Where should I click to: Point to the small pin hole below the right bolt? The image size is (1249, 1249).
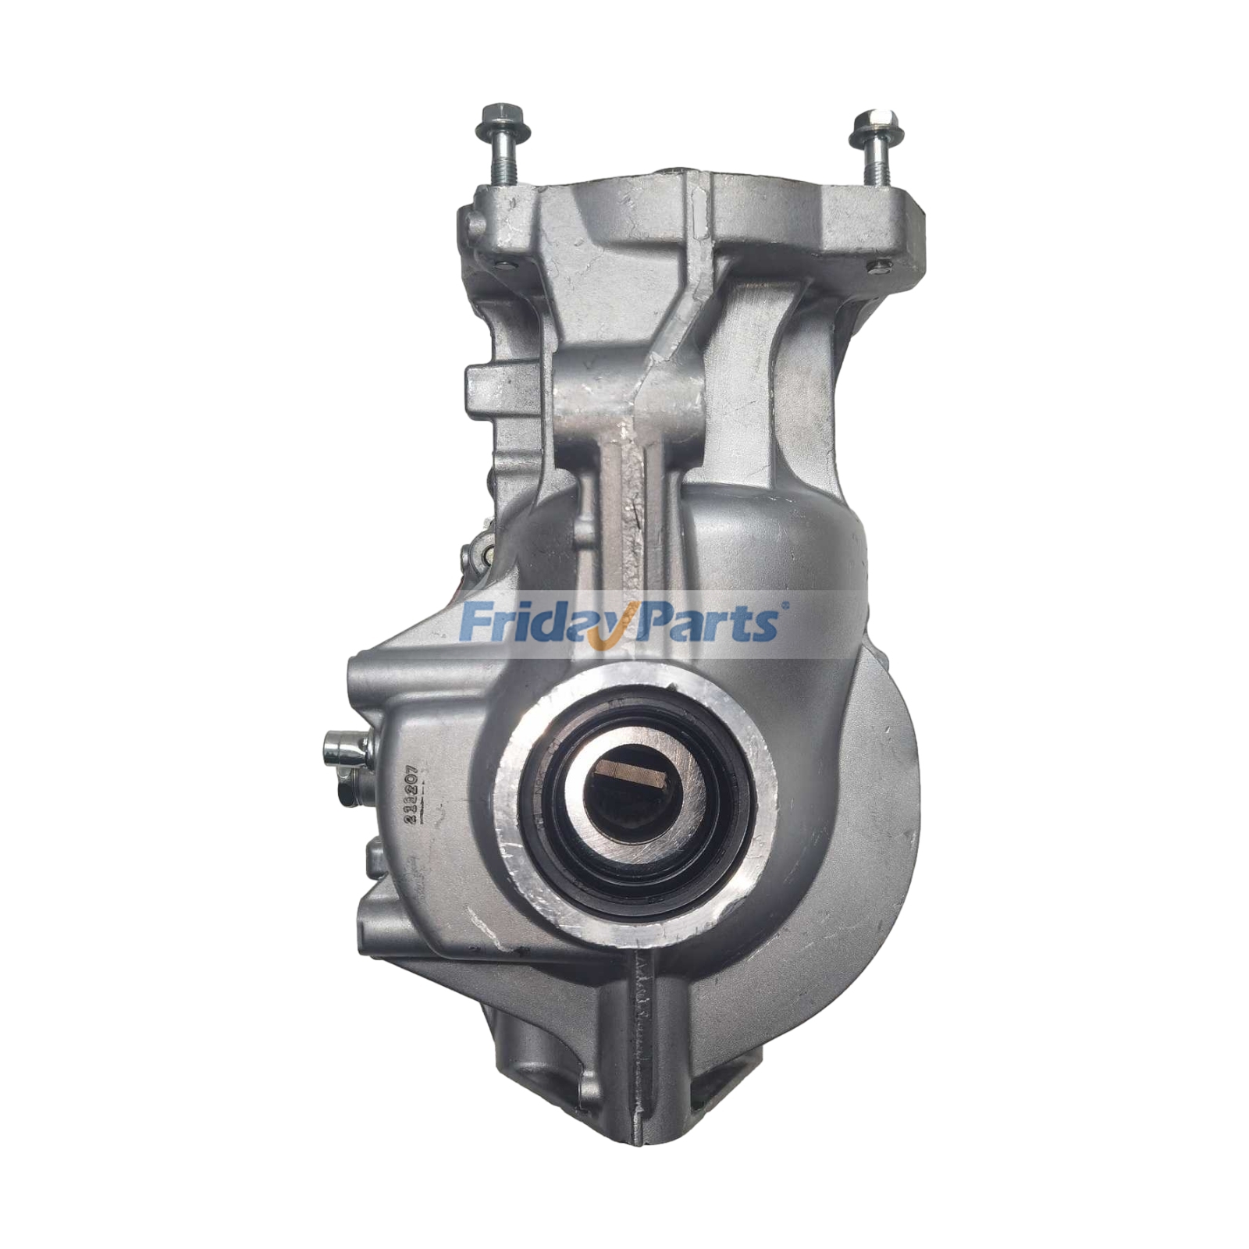[x=873, y=267]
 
